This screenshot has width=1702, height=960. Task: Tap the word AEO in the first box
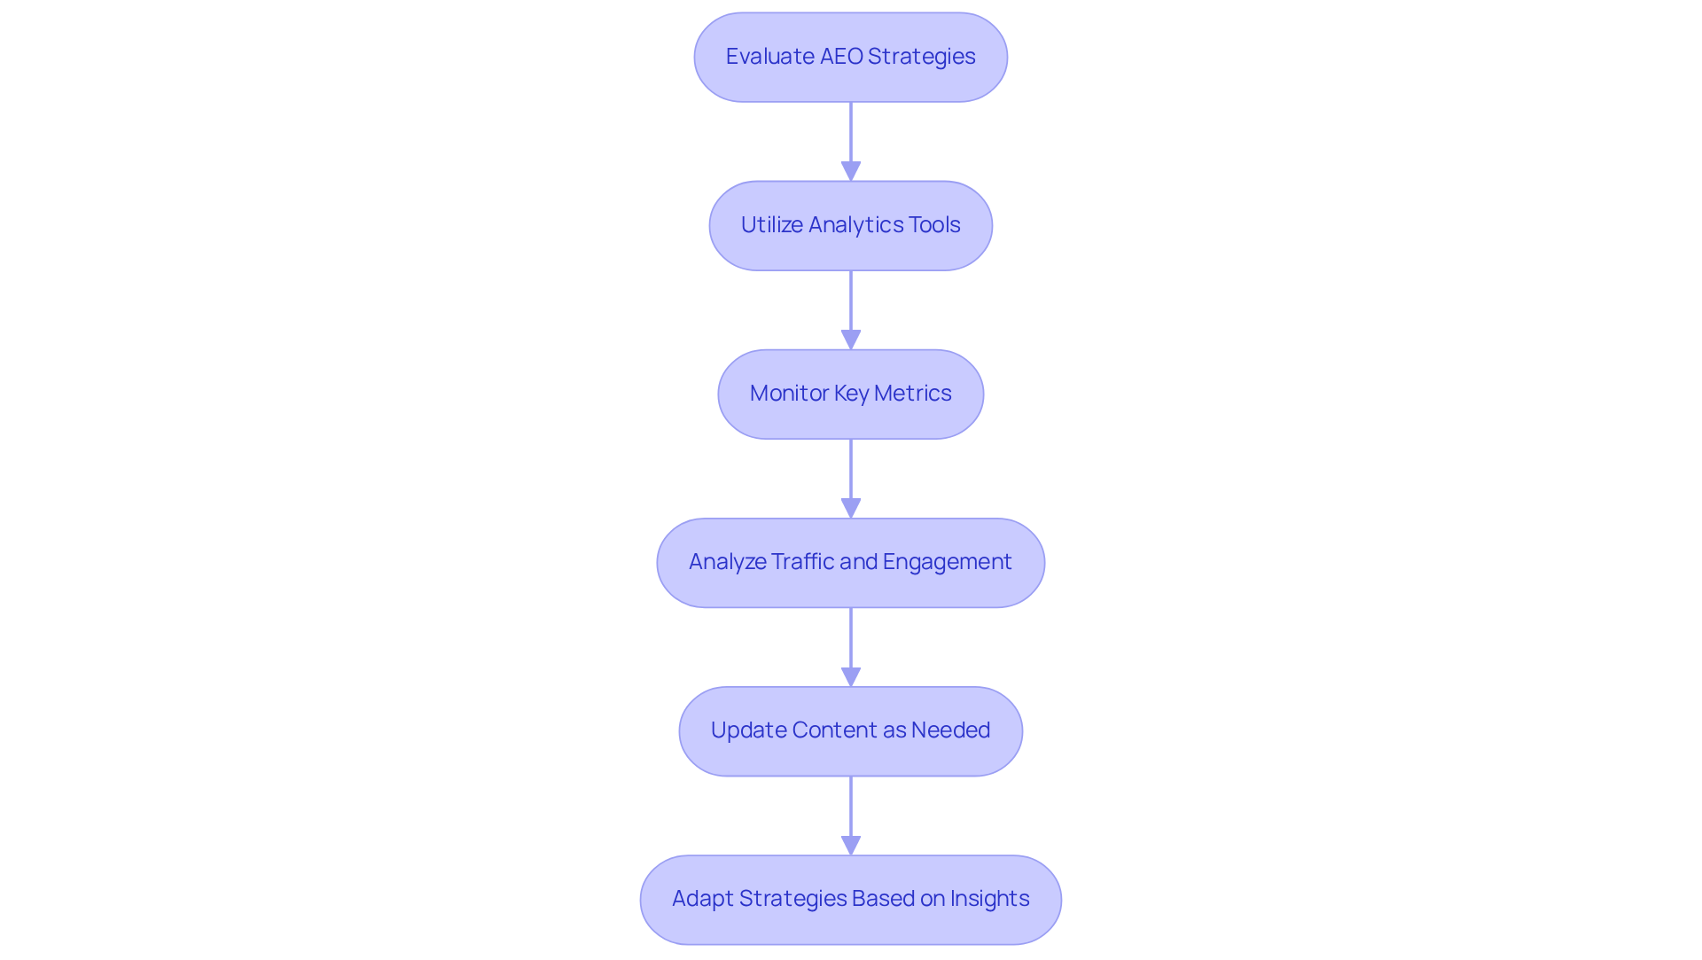click(840, 57)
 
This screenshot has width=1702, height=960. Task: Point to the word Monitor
click(789, 394)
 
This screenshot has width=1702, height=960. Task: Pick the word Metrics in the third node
click(912, 394)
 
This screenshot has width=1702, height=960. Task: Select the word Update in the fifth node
click(748, 730)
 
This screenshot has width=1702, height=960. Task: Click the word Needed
click(950, 730)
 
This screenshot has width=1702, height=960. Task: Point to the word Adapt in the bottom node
click(702, 899)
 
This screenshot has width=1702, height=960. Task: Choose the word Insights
click(989, 899)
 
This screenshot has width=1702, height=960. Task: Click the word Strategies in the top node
click(921, 57)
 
